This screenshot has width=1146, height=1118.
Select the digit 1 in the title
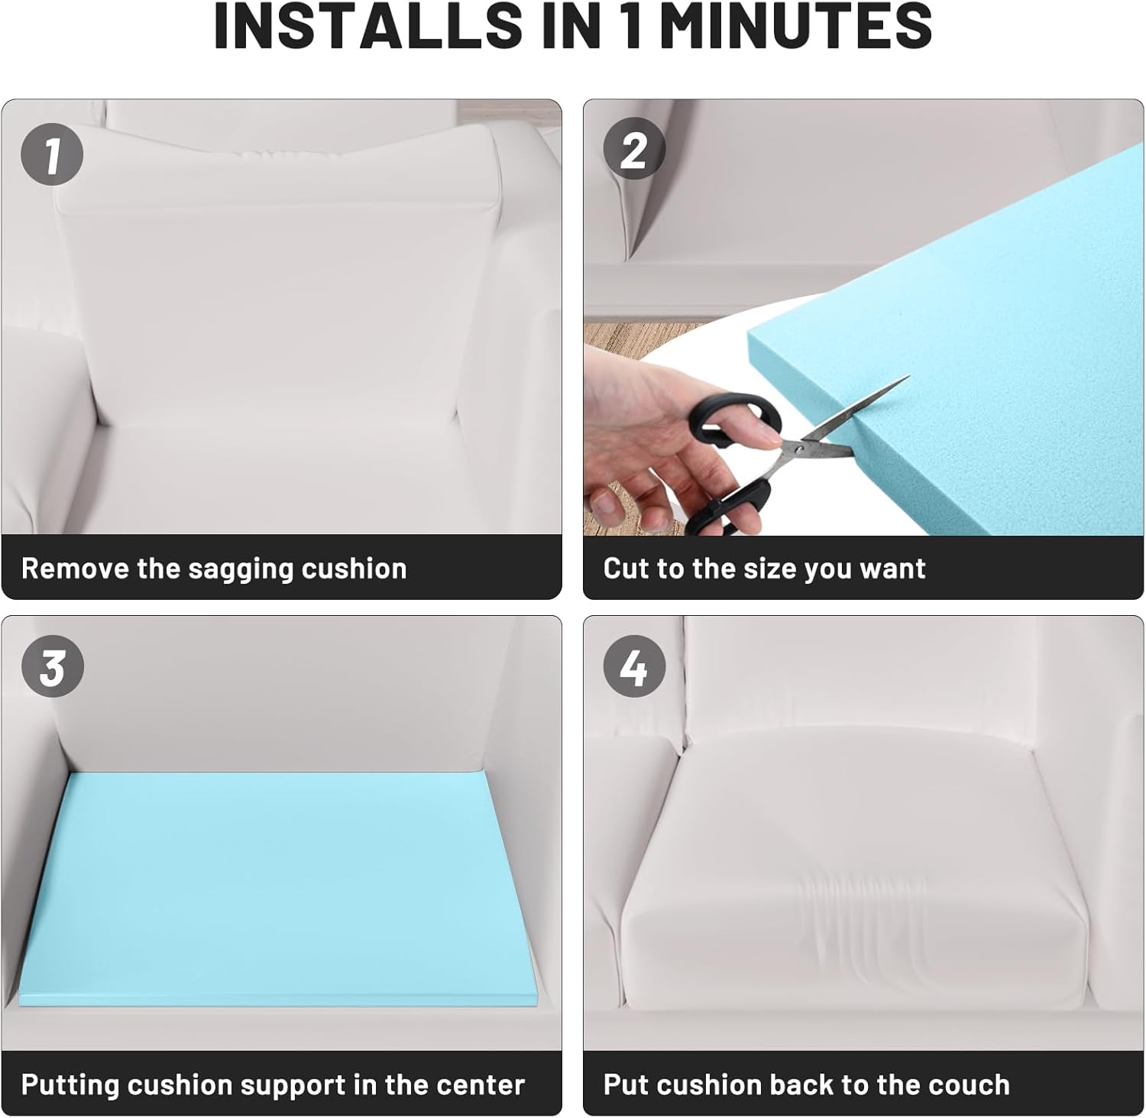pyautogui.click(x=632, y=25)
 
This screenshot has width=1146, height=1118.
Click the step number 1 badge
pyautogui.click(x=52, y=154)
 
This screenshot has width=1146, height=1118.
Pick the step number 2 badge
pyautogui.click(x=634, y=151)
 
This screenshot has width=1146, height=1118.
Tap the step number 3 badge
pyautogui.click(x=52, y=667)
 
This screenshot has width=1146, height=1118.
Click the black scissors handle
pyautogui.click(x=733, y=459)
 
